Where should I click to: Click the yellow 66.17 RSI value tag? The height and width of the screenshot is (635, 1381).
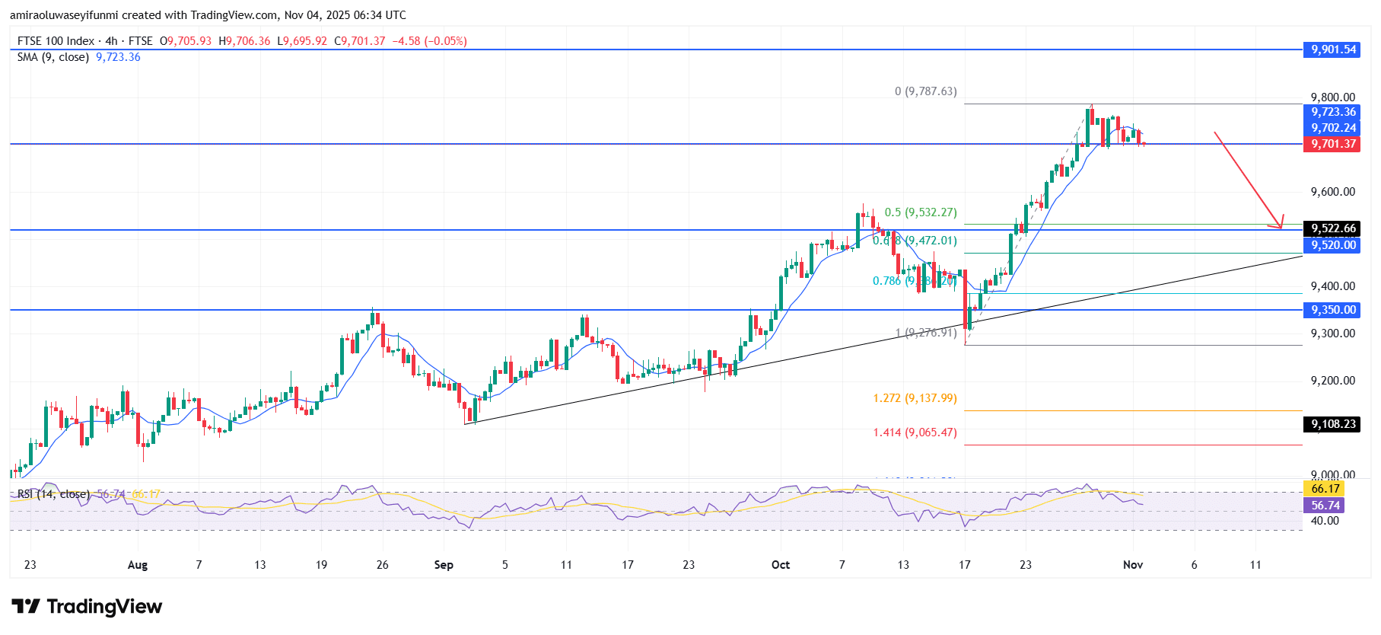(x=1325, y=489)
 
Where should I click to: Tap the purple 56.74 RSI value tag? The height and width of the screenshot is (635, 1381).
(x=1325, y=506)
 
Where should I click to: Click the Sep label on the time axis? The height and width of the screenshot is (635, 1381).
(x=444, y=565)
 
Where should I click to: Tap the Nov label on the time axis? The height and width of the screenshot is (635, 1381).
(x=1133, y=565)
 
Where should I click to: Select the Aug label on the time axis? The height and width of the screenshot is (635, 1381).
(x=138, y=565)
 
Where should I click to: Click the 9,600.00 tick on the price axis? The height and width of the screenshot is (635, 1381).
(x=1332, y=192)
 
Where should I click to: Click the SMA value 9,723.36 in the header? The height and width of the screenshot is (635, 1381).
(x=118, y=57)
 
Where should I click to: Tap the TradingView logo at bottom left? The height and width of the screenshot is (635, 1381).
(x=87, y=607)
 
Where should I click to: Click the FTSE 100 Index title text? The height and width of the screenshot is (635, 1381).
(x=56, y=41)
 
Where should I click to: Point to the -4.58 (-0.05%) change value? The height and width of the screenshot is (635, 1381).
(x=429, y=41)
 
